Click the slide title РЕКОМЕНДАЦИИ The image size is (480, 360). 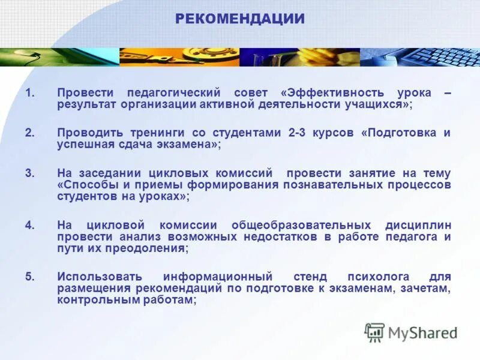[x=240, y=19]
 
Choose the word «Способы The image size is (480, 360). [x=86, y=185]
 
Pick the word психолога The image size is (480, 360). [x=378, y=277]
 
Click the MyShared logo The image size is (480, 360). [x=411, y=332]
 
